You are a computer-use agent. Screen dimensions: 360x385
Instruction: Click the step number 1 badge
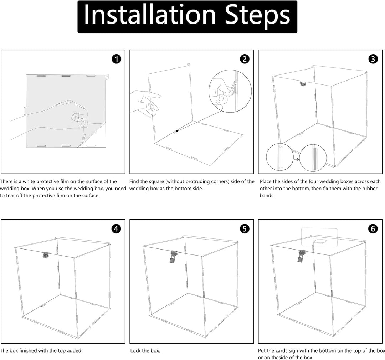[116, 59]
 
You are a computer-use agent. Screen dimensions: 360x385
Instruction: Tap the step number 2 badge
[245, 59]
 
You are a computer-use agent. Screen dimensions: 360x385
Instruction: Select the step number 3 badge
[373, 59]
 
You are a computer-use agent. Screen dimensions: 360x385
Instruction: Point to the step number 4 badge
[116, 229]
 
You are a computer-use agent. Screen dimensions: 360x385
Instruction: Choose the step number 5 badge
[245, 229]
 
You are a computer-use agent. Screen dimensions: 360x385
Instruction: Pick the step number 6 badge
[373, 229]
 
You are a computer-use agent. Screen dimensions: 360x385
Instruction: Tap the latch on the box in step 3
[302, 84]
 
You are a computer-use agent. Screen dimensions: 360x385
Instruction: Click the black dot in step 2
[177, 131]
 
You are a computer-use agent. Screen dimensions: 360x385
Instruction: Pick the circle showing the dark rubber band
[313, 157]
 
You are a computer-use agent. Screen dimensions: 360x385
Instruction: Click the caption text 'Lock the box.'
[145, 351]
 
